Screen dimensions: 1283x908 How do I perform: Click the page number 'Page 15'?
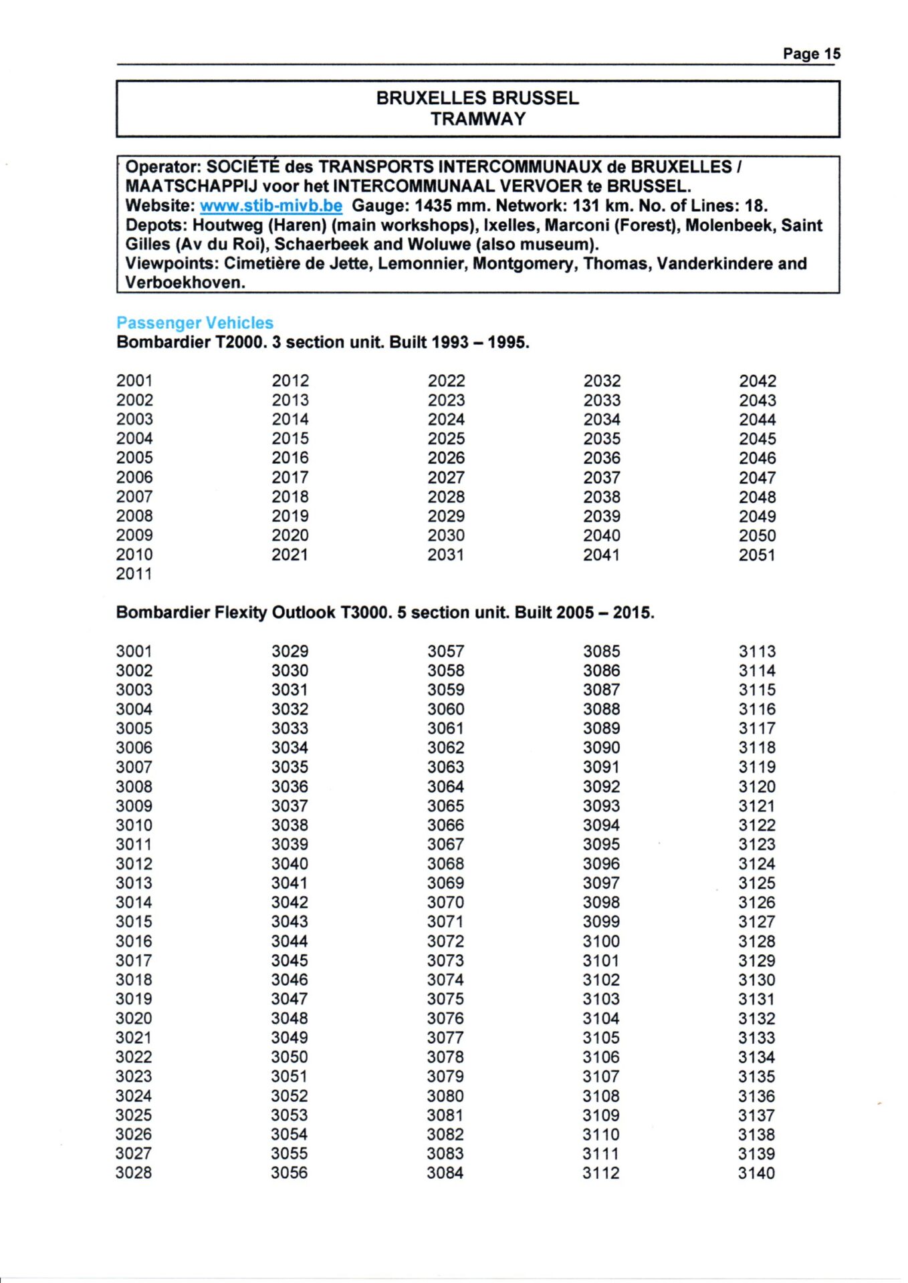[811, 54]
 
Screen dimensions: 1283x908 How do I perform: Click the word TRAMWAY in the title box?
[477, 119]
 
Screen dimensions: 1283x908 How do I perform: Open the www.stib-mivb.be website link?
[271, 206]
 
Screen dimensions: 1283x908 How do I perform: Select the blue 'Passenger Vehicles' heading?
[195, 323]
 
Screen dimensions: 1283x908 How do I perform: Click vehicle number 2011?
[134, 574]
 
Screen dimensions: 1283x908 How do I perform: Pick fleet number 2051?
[757, 555]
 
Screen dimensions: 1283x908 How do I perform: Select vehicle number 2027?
[446, 478]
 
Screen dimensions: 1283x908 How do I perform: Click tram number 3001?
[134, 652]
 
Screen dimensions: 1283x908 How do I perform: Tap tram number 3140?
[757, 1173]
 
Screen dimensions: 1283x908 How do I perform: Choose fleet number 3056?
[290, 1173]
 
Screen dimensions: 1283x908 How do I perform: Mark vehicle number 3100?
[601, 942]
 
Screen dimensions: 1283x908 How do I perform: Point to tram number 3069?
[446, 883]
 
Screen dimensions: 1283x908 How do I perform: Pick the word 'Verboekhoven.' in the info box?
[185, 283]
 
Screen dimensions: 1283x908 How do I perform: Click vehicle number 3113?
[757, 652]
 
